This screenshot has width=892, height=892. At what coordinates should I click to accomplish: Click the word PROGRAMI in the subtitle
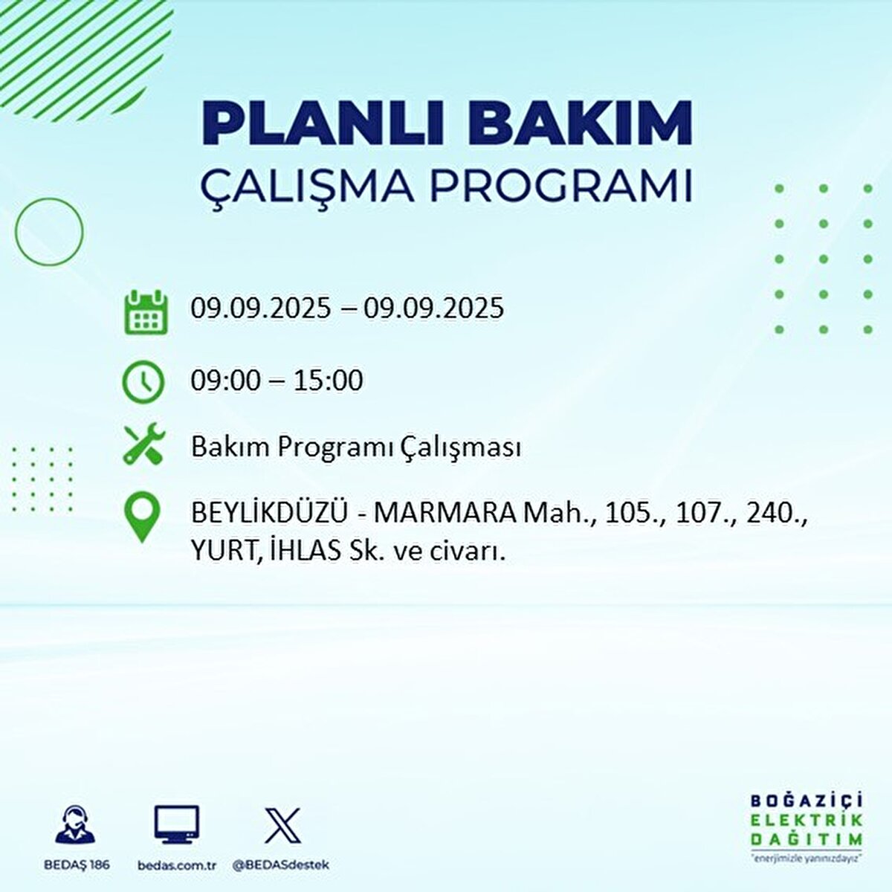click(562, 186)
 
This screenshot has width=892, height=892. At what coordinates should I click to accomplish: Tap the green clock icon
click(143, 382)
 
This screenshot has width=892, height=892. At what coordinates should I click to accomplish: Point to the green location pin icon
click(142, 518)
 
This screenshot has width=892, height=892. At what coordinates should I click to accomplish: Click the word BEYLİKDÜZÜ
click(270, 513)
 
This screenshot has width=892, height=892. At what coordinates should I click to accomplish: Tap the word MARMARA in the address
click(444, 513)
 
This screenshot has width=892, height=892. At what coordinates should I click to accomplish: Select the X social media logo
click(282, 825)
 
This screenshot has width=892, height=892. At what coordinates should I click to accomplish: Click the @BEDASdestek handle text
click(280, 865)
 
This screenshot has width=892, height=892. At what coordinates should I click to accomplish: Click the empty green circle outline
click(49, 232)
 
